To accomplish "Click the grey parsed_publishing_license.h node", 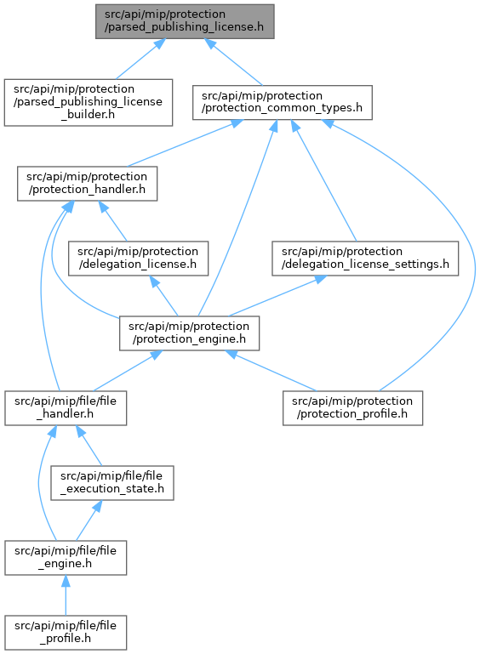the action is click(x=185, y=22).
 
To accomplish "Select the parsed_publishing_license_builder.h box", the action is click(x=89, y=102).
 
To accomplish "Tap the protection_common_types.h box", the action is click(x=283, y=103).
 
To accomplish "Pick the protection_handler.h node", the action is click(x=88, y=184).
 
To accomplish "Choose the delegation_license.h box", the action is click(x=138, y=259).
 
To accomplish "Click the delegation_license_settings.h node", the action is click(x=365, y=259).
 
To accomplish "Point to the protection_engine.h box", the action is click(x=189, y=333).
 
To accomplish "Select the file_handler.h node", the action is click(x=66, y=408).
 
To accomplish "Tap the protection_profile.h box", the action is click(x=352, y=408).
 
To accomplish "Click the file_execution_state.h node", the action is click(x=112, y=483).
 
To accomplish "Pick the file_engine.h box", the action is click(x=66, y=558).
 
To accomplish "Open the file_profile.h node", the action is click(x=66, y=632).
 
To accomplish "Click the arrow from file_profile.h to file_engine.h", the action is click(x=66, y=595).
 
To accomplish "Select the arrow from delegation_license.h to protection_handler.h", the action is click(x=112, y=221).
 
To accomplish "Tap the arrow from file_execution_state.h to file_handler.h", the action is click(x=89, y=446).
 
